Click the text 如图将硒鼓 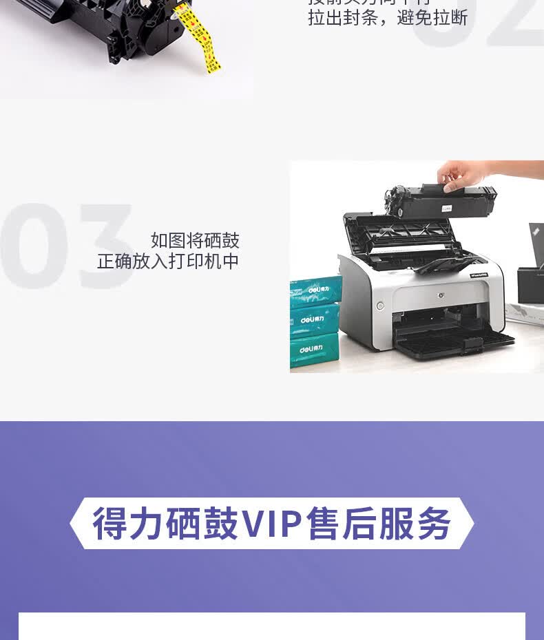pos(195,240)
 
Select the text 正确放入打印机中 pos(168,262)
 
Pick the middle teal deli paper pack pos(316,319)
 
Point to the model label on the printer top pos(479,275)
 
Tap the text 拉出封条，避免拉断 pos(387,18)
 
